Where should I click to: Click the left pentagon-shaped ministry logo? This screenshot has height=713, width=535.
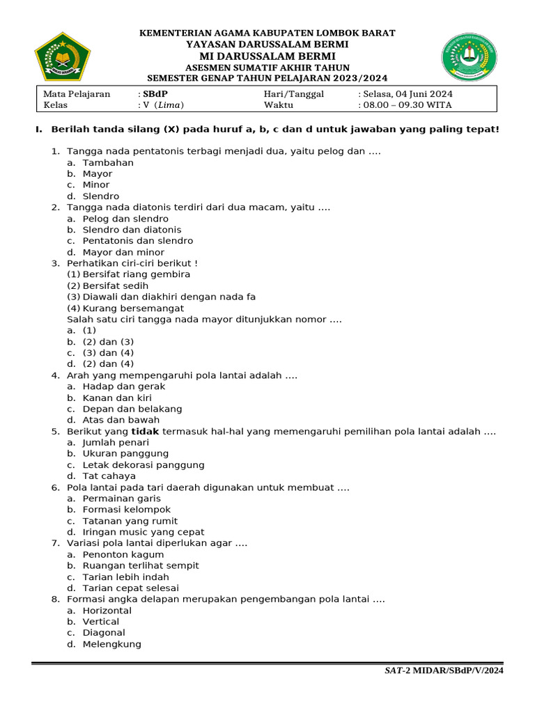[63, 56]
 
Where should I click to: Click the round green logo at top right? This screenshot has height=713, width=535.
[469, 56]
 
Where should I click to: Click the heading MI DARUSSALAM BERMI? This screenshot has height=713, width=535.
[267, 56]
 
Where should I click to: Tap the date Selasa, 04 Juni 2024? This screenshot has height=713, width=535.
[408, 94]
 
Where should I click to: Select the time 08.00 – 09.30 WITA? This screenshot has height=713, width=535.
[407, 105]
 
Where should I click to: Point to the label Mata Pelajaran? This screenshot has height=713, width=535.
[77, 94]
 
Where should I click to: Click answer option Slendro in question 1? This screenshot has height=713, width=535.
[101, 196]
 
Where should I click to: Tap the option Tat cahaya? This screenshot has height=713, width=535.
[109, 476]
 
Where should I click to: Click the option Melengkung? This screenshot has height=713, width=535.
[111, 644]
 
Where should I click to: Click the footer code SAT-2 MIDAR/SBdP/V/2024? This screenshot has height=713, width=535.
[444, 671]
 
